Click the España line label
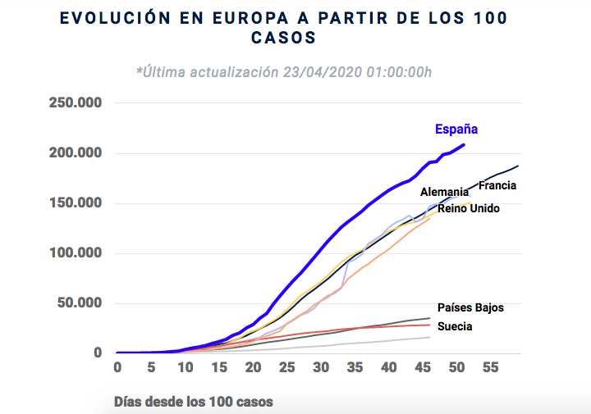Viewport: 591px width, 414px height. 456,130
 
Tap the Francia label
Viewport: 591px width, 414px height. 497,186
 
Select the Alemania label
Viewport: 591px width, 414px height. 444,193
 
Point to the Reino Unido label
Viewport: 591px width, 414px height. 469,208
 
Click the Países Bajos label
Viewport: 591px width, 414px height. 471,308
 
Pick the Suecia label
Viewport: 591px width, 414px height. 455,326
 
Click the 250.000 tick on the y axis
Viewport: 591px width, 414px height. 75,103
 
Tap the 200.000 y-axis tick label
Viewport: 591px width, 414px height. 75,153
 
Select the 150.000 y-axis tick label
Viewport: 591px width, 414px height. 75,203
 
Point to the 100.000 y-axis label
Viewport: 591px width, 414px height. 75,253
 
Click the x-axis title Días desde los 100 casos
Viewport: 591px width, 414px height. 194,402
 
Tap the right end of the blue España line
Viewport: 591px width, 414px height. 464,145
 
